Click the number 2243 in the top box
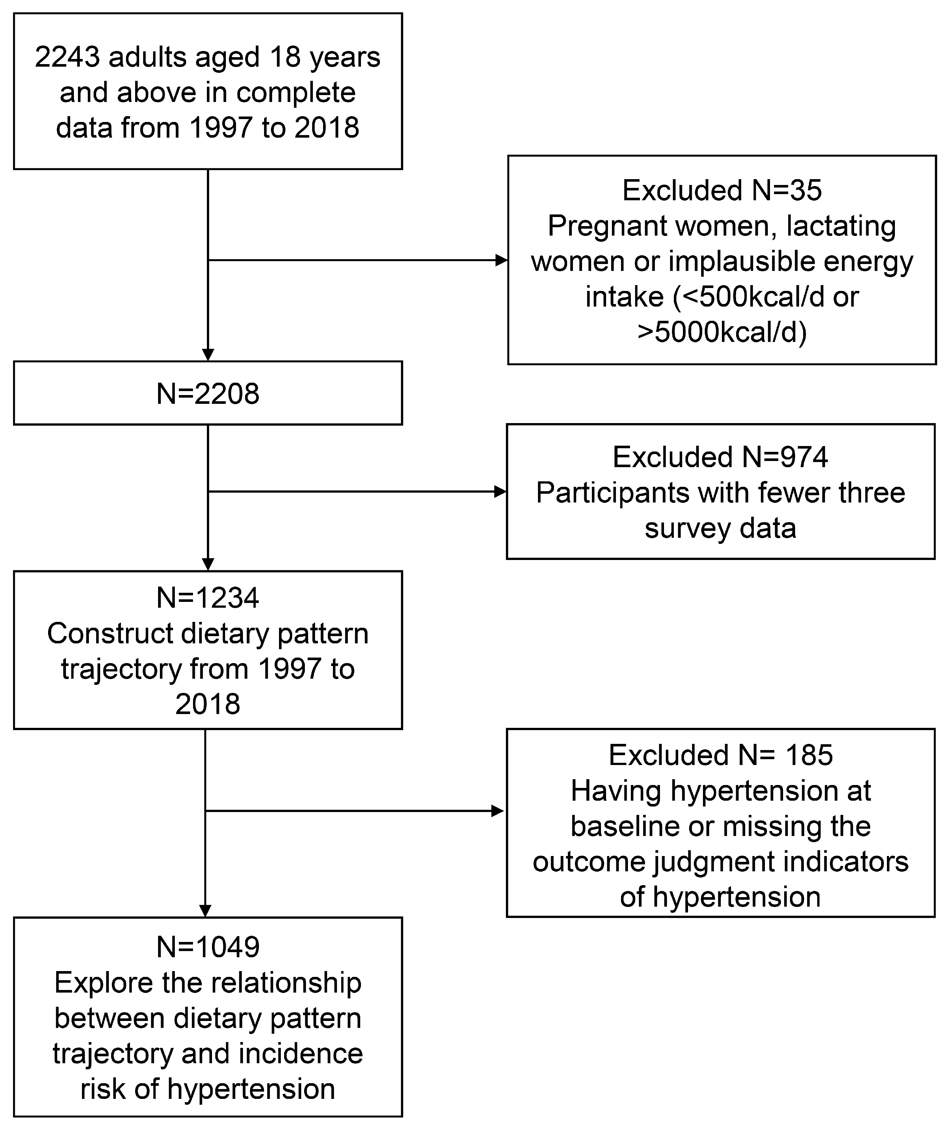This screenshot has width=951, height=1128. (67, 57)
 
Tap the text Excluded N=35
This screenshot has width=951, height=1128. (722, 190)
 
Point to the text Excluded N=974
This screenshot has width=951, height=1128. (720, 457)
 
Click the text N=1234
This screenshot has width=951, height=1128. (208, 598)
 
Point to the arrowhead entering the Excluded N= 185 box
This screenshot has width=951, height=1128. (497, 811)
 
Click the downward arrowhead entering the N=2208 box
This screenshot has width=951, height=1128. (208, 355)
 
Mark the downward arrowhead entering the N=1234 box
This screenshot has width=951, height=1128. (208, 564)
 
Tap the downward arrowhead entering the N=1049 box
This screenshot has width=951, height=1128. (205, 911)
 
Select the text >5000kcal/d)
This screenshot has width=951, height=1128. (722, 332)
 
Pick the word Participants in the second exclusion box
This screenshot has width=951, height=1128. (612, 493)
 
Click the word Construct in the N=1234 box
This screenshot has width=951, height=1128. (110, 633)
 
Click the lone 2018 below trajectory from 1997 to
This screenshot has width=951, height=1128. (208, 704)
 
